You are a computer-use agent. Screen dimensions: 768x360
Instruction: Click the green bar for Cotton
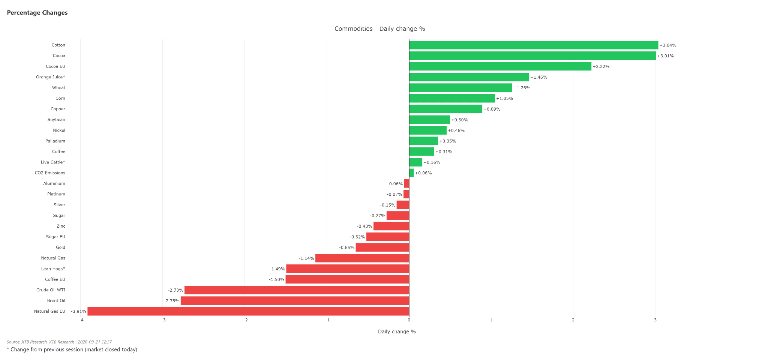pyautogui.click(x=534, y=45)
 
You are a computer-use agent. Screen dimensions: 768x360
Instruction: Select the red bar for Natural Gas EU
pyautogui.click(x=248, y=311)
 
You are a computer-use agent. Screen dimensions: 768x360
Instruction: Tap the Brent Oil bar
pyautogui.click(x=295, y=301)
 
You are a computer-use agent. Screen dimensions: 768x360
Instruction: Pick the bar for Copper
pyautogui.click(x=445, y=109)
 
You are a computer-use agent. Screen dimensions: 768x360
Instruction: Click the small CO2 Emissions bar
pyautogui.click(x=411, y=173)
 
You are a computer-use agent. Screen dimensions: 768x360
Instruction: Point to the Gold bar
pyautogui.click(x=382, y=247)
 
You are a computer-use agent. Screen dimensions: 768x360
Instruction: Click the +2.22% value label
pyautogui.click(x=601, y=67)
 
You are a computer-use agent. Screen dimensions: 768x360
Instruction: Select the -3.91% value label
pyautogui.click(x=78, y=312)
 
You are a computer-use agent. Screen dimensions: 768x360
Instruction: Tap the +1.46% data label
pyautogui.click(x=539, y=77)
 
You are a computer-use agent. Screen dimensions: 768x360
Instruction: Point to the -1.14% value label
pyautogui.click(x=306, y=258)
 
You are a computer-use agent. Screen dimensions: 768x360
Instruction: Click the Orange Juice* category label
pyautogui.click(x=51, y=77)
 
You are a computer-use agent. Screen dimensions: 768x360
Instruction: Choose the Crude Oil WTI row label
pyautogui.click(x=51, y=290)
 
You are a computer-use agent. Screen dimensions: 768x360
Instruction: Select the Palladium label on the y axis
pyautogui.click(x=55, y=141)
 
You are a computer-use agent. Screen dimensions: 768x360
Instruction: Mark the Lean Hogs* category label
pyautogui.click(x=53, y=269)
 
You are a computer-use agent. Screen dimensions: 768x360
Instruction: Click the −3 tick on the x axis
pyautogui.click(x=162, y=320)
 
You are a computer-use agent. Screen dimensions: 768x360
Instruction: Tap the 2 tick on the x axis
pyautogui.click(x=573, y=320)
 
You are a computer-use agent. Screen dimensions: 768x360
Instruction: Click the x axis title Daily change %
pyautogui.click(x=397, y=331)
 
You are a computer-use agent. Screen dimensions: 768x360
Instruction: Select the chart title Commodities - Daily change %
pyautogui.click(x=379, y=29)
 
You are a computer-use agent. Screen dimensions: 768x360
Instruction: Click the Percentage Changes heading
pyautogui.click(x=37, y=13)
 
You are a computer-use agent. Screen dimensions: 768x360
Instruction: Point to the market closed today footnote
pyautogui.click(x=72, y=349)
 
